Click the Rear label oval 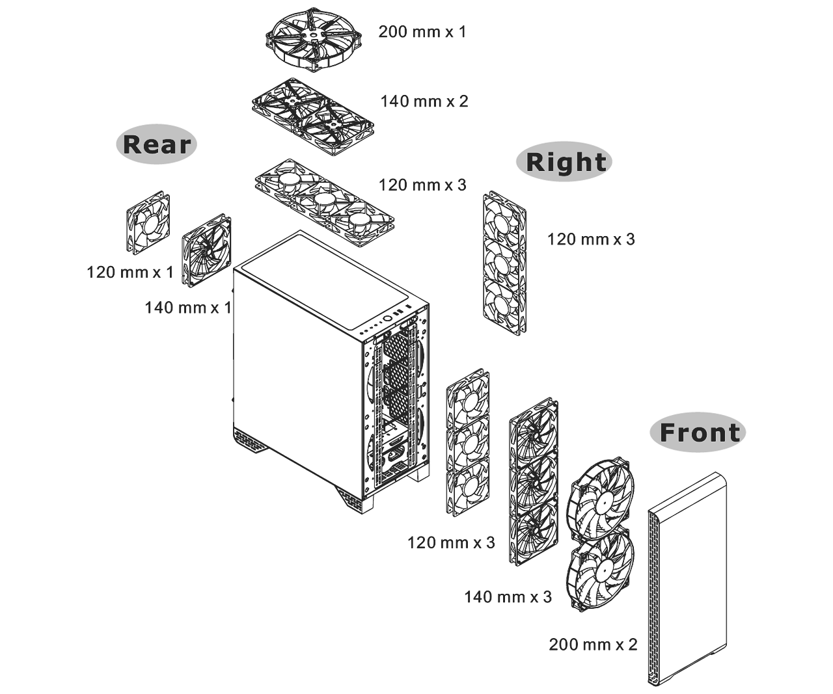pos(156,144)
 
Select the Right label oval pos(564,161)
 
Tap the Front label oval pos(698,433)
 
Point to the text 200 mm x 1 pos(422,32)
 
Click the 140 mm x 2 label pos(424,101)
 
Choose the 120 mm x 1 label pos(130,273)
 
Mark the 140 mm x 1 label pos(188,308)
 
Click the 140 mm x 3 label pos(508,597)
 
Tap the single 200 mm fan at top pos(314,39)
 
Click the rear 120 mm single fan pos(148,222)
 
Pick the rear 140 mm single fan pos(206,250)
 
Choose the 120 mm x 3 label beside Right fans pos(590,239)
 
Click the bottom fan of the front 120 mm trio pos(467,487)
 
